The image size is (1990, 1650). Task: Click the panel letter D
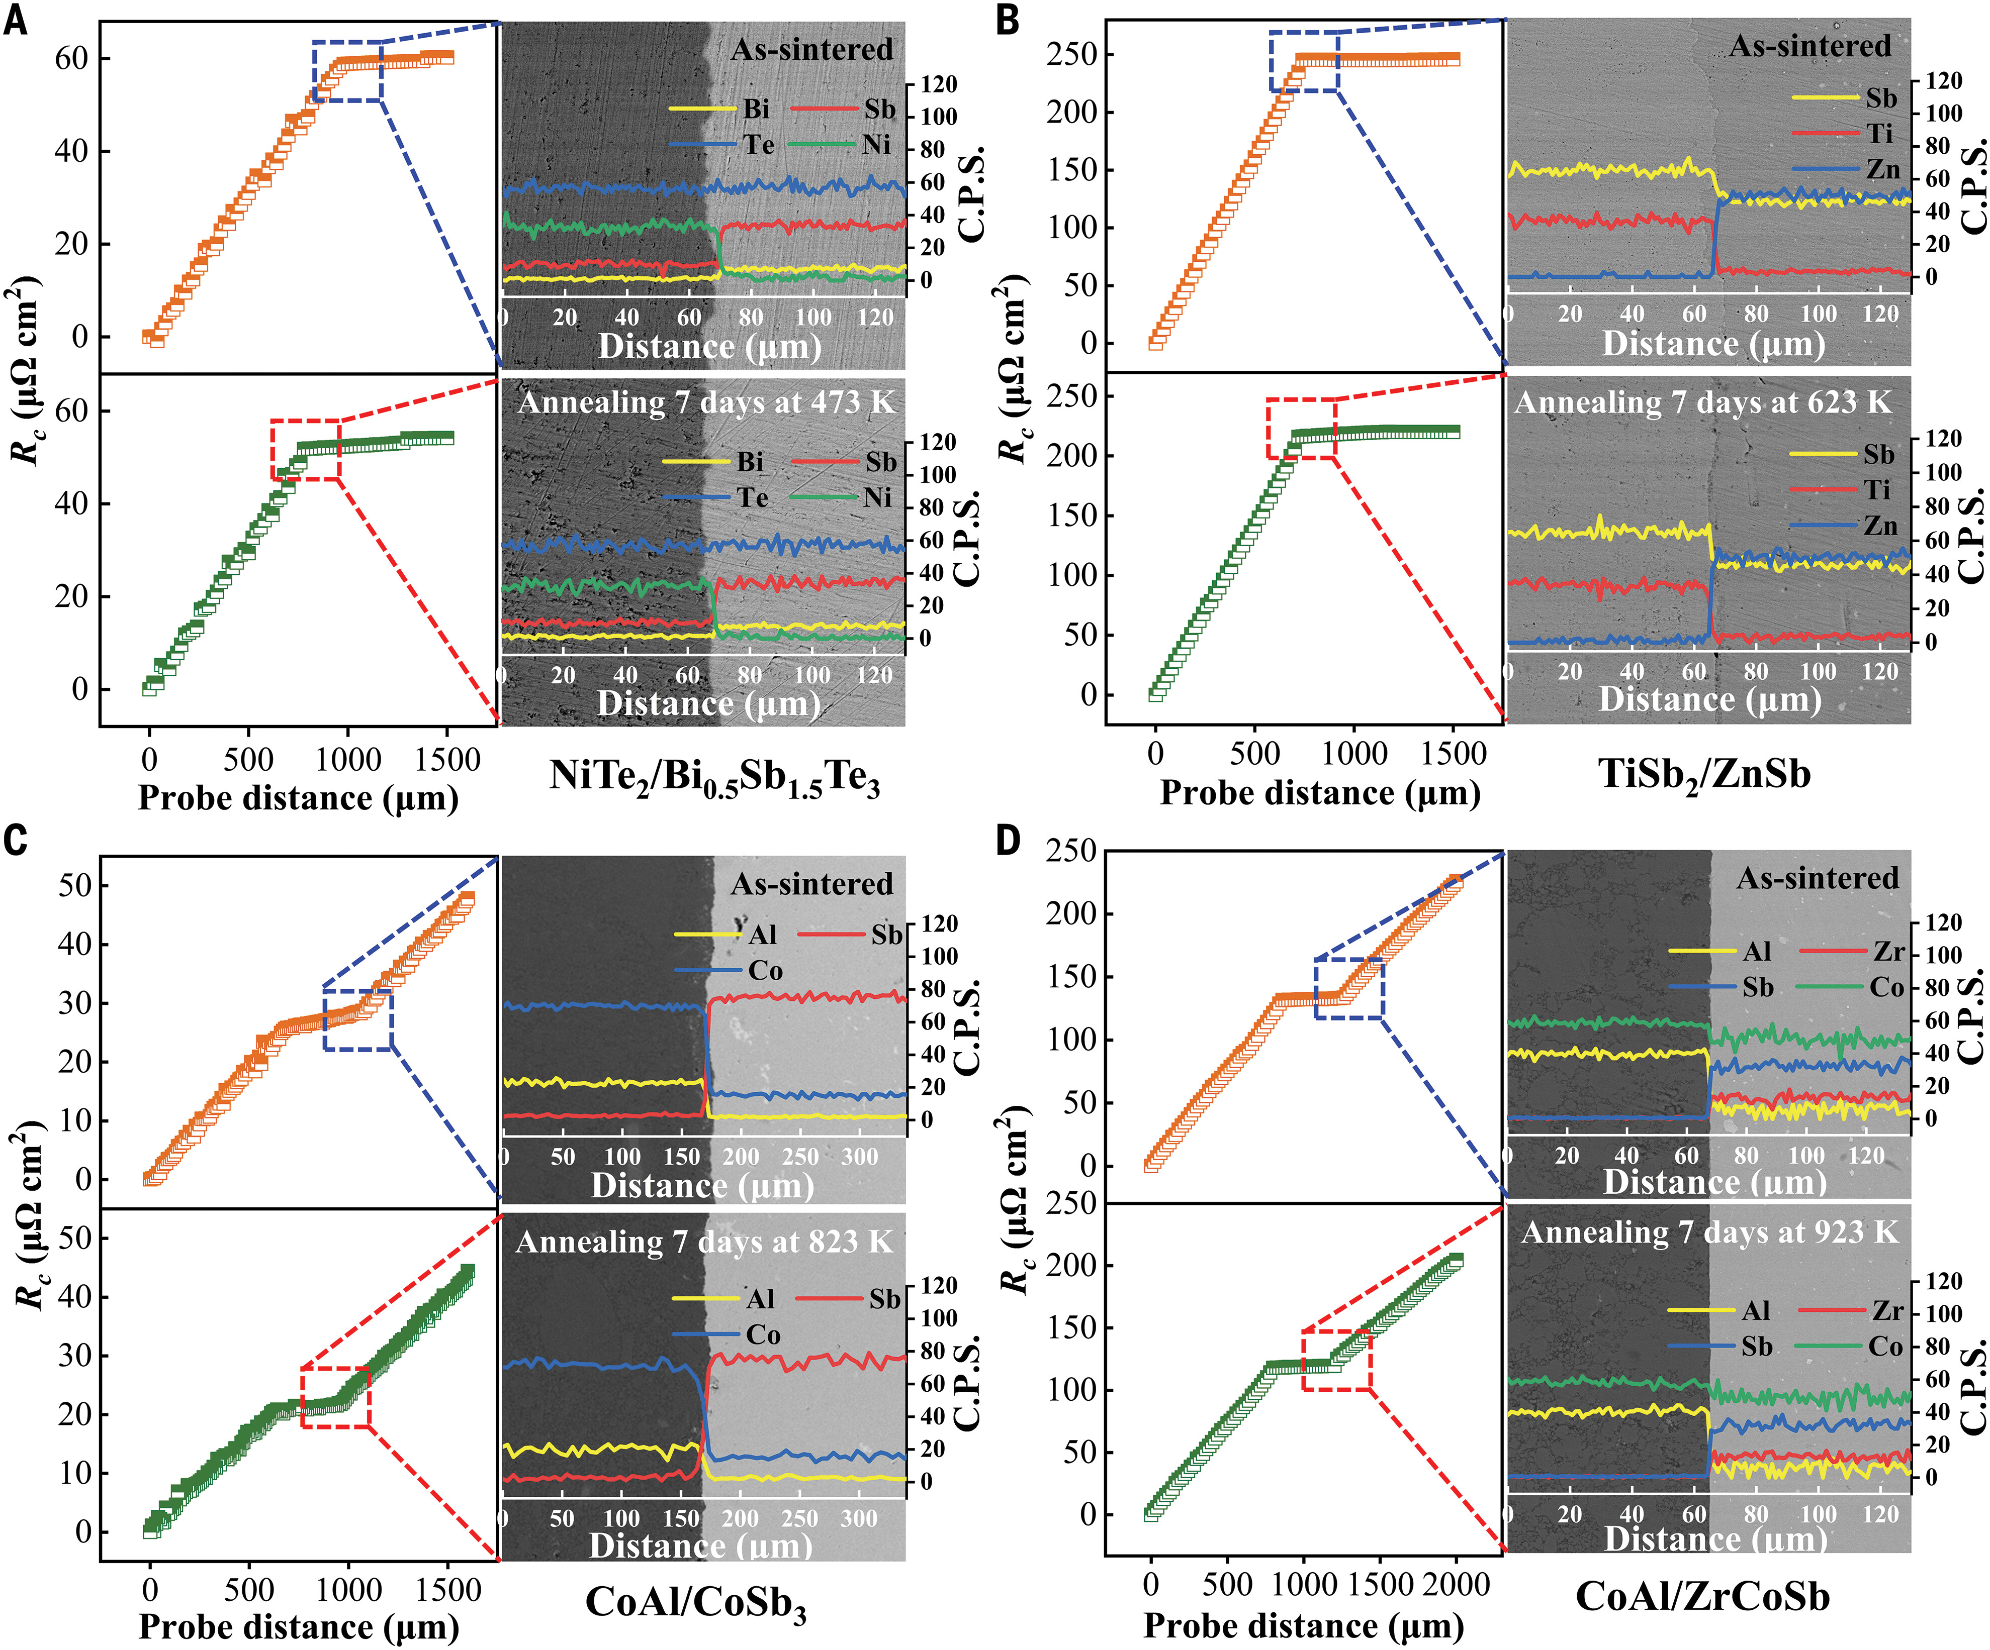click(x=1008, y=840)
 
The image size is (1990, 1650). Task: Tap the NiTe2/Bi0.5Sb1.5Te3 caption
click(x=714, y=779)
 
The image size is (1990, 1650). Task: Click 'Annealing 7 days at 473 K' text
click(x=706, y=402)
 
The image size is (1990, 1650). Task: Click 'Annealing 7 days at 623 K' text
click(x=1702, y=402)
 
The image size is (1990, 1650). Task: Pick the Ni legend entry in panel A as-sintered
click(x=876, y=144)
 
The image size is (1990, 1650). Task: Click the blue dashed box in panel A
click(x=348, y=71)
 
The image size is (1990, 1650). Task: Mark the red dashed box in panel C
click(x=335, y=1398)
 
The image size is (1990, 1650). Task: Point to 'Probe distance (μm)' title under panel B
click(x=1320, y=793)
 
